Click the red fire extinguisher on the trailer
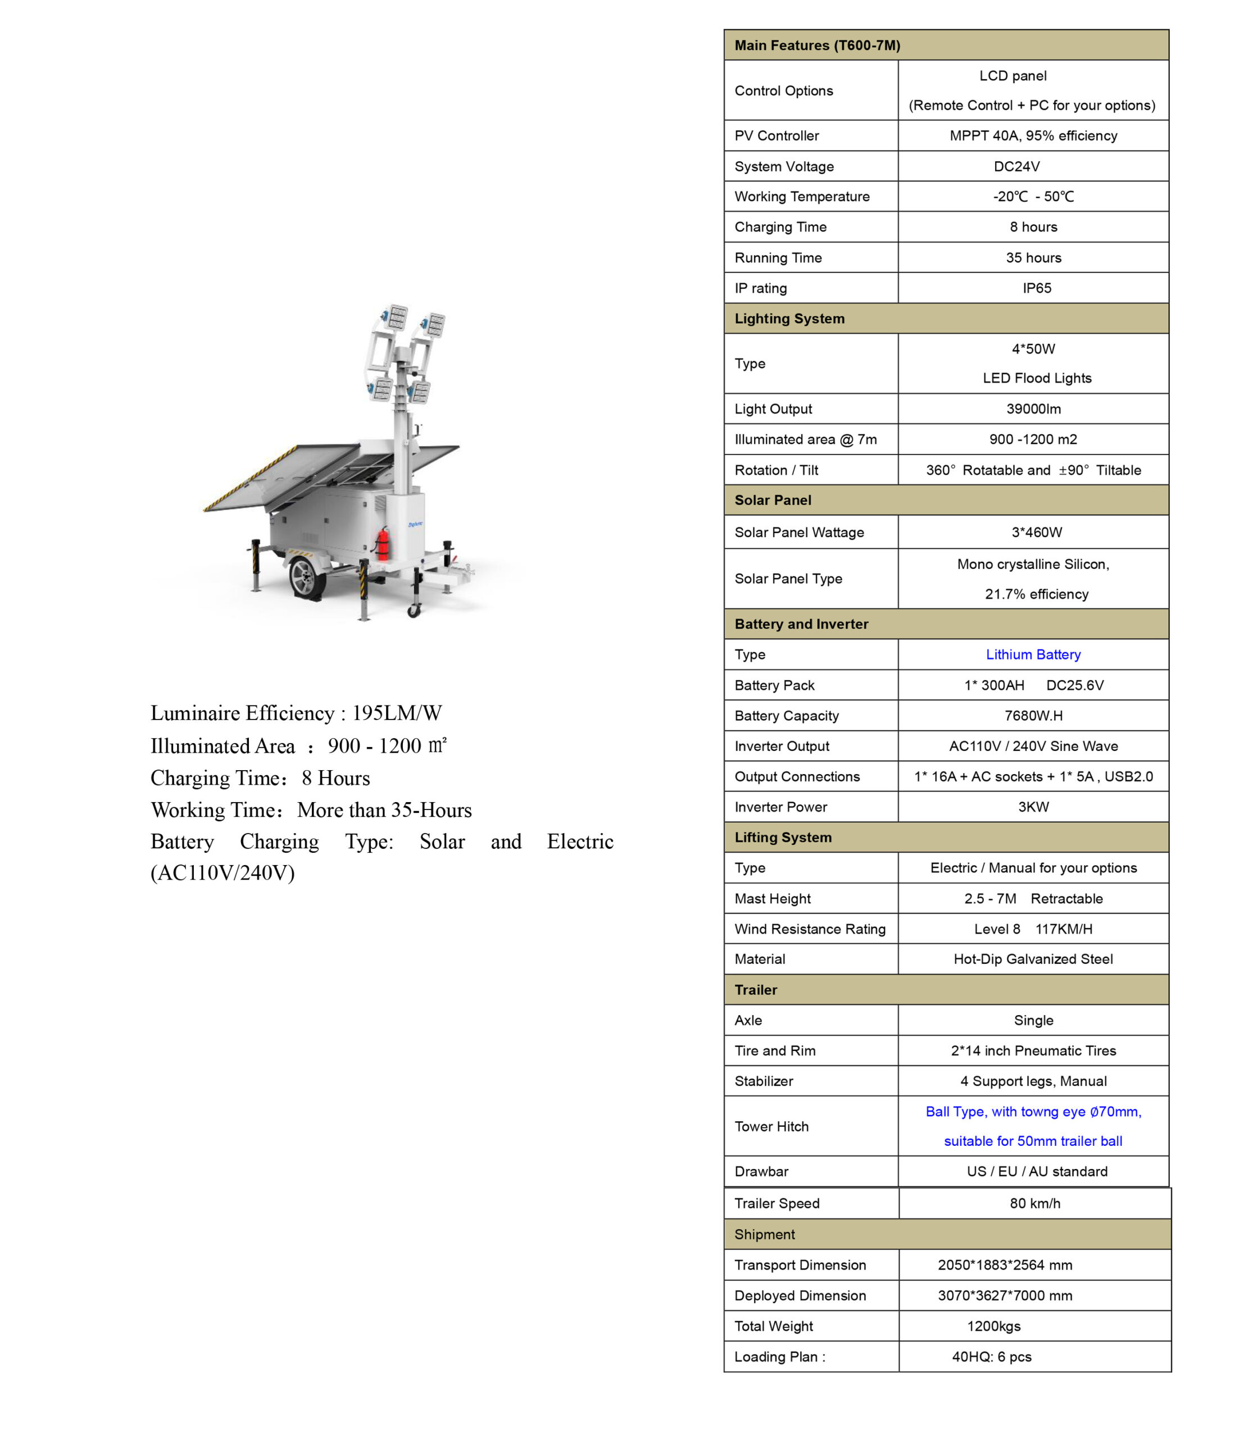[x=383, y=543]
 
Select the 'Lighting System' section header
[x=789, y=318]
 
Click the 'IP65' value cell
[x=1037, y=288]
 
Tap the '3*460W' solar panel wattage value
[x=1037, y=533]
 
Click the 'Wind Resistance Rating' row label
[x=810, y=929]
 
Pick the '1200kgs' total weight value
[x=993, y=1326]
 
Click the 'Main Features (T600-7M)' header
[x=817, y=45]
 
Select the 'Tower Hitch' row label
[x=771, y=1126]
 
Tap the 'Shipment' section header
[x=764, y=1234]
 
